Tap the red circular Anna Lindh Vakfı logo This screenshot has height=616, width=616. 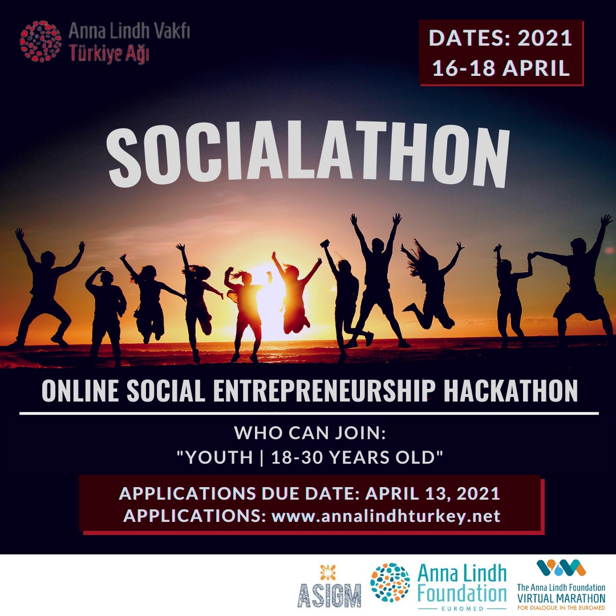[x=40, y=41]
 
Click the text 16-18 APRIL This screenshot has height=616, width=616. [x=501, y=68]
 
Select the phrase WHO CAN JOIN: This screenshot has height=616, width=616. [x=311, y=433]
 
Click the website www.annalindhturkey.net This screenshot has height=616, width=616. [x=386, y=516]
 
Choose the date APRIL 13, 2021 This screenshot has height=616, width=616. [x=432, y=493]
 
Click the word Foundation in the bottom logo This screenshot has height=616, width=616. [x=462, y=595]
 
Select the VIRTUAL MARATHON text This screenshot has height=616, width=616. [x=561, y=598]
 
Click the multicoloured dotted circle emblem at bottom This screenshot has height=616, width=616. [x=390, y=583]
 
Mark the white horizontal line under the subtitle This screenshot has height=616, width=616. [x=309, y=412]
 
